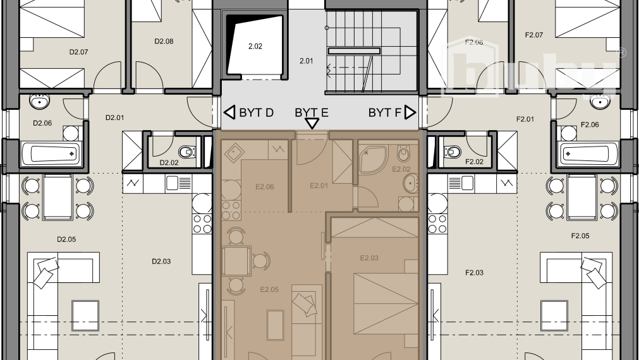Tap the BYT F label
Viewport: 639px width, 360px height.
tap(385, 113)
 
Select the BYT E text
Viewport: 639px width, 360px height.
tap(312, 113)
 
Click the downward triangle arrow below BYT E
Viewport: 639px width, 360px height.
tap(312, 124)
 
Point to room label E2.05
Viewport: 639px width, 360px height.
tap(269, 290)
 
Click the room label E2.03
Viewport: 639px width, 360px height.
tap(369, 258)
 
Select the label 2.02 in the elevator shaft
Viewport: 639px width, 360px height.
tap(255, 46)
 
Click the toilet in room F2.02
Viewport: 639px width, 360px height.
tap(453, 152)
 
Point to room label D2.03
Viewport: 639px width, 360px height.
tap(162, 261)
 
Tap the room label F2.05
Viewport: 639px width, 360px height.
tap(580, 236)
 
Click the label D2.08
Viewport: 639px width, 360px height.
tap(164, 42)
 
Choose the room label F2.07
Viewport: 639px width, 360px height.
tap(534, 35)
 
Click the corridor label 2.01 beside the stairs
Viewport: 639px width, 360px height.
tap(306, 61)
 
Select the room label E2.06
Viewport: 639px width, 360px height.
tap(264, 187)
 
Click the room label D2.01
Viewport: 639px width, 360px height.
tap(114, 117)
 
